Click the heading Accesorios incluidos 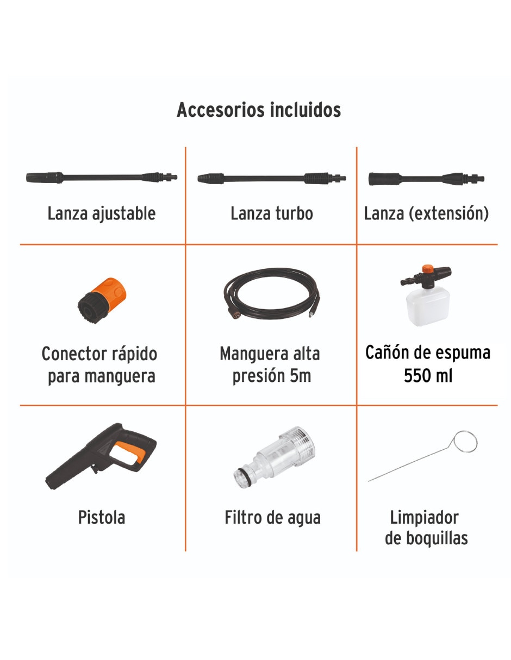tap(259, 110)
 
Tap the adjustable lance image tap(102, 177)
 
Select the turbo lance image tap(272, 178)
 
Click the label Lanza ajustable tap(102, 213)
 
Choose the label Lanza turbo tap(272, 213)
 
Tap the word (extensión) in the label tap(448, 213)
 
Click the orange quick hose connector tap(102, 300)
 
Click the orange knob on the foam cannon tap(427, 269)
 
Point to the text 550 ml tap(428, 376)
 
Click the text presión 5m tap(272, 376)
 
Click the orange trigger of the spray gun tap(131, 451)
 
